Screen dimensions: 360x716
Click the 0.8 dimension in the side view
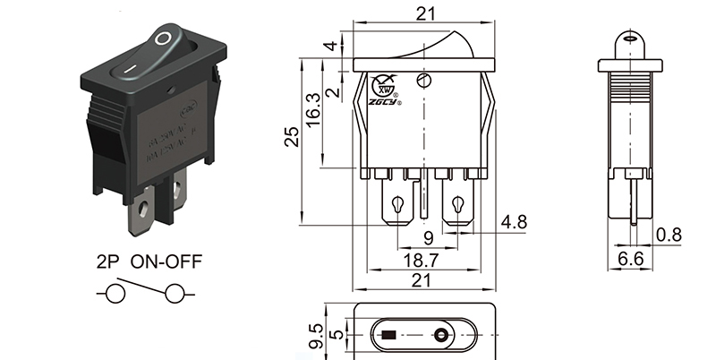668,236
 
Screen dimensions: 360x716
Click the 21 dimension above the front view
426,13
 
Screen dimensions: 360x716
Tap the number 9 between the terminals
427,238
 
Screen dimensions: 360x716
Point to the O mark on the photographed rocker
162,39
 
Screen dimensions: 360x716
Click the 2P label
107,263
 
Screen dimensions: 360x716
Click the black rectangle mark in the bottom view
388,338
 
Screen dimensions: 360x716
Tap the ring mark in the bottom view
441,338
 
